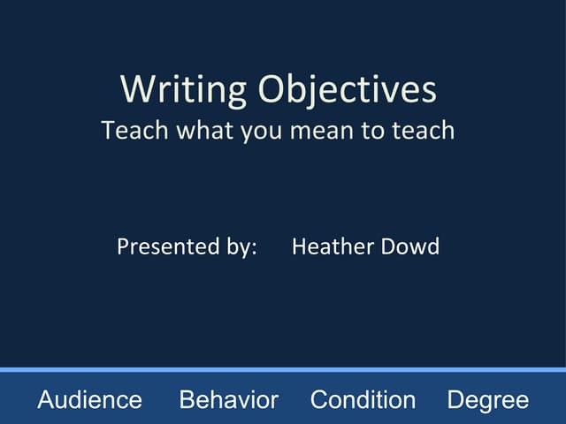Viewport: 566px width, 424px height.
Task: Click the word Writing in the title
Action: (x=184, y=90)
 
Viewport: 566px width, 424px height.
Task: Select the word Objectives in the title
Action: (x=348, y=90)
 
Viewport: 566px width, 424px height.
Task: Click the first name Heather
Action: (x=332, y=246)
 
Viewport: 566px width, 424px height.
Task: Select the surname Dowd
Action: (x=409, y=246)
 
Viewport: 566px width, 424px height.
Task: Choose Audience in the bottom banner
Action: (x=89, y=400)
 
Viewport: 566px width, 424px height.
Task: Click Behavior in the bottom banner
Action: (x=228, y=400)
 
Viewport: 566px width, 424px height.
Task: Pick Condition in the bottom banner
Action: (x=363, y=400)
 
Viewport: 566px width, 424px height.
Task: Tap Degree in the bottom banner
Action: (x=487, y=400)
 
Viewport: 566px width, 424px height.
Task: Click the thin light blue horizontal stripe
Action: (x=283, y=369)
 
